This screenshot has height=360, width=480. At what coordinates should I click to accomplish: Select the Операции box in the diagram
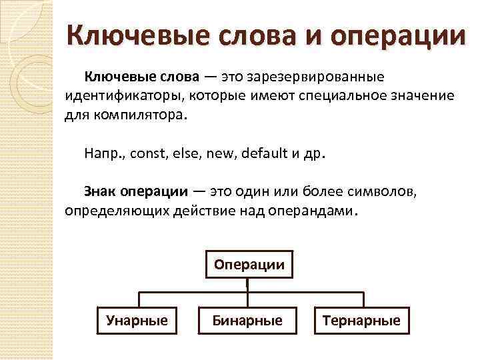[x=249, y=265]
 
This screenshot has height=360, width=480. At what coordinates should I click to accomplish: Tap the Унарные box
[x=137, y=321]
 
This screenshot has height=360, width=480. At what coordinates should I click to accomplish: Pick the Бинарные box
[x=247, y=321]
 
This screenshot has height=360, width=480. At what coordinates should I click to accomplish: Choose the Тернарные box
[x=361, y=321]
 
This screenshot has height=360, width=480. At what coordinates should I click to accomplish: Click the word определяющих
[x=116, y=211]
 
